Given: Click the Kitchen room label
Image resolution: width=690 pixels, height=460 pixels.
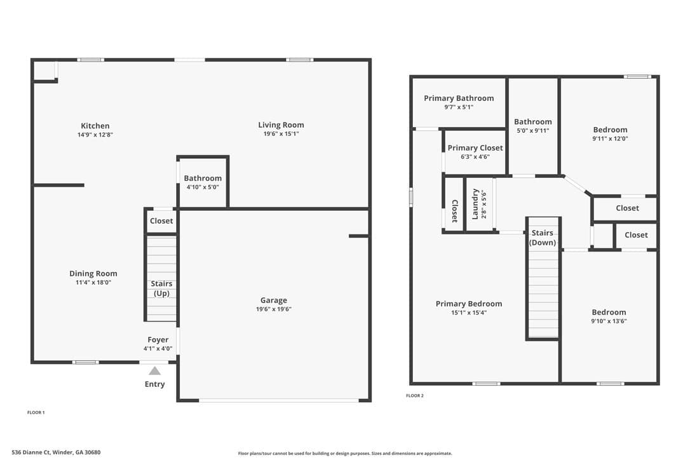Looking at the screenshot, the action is pos(95,126).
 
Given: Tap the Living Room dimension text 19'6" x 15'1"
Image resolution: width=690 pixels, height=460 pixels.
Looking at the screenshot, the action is pos(281,134).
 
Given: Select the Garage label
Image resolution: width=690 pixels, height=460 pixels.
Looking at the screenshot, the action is pos(274,301).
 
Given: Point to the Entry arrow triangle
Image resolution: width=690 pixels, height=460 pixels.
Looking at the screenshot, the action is pos(154,370).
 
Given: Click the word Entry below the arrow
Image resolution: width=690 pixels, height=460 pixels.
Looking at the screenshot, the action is pos(155,384).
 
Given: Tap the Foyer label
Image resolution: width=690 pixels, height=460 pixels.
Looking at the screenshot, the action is pos(158,340).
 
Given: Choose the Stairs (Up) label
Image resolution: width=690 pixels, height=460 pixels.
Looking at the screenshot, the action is pos(161,288).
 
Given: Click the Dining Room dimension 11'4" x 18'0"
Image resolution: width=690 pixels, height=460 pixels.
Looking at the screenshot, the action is pos(93,283).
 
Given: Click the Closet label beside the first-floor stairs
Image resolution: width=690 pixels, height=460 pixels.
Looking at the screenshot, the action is pos(161,221).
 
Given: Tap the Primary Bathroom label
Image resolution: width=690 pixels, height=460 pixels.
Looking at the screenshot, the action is pos(459,98).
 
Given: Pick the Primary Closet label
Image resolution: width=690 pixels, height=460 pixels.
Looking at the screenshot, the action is pos(475,148).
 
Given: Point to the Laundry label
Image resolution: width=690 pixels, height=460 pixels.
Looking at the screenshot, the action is pos(475,204).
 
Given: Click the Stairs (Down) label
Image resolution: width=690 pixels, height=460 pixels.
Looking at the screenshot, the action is pos(543,238).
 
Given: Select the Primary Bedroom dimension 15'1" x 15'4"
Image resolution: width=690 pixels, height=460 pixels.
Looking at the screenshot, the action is pos(469,313).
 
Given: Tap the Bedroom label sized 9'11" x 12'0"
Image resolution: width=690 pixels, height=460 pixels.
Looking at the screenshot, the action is pos(611,130).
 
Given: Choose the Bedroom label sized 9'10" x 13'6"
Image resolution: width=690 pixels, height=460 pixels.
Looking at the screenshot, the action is pos(609,313).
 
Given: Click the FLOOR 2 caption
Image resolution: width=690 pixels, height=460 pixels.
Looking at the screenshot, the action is pos(415,396).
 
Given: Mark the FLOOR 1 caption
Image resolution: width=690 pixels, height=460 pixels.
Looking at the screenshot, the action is pos(36,412).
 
